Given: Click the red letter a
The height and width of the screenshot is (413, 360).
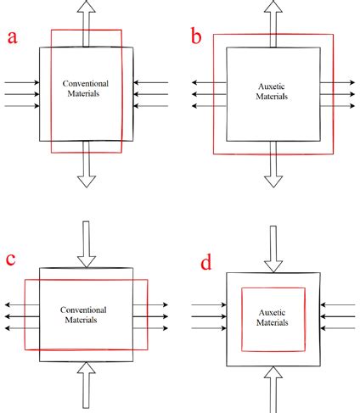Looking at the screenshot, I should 14,37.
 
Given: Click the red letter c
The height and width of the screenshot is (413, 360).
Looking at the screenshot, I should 10,260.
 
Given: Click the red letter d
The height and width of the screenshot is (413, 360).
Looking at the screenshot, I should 206,263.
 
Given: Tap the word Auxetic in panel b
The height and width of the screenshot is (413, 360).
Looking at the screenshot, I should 273,87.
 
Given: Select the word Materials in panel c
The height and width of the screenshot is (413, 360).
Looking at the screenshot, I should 87,321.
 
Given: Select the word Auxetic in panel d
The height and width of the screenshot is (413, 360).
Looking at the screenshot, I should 273,313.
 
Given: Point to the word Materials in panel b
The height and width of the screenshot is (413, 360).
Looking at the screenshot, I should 273,97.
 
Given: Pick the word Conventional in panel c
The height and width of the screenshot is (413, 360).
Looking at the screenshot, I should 87,310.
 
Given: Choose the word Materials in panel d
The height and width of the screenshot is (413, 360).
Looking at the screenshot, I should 273,323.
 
